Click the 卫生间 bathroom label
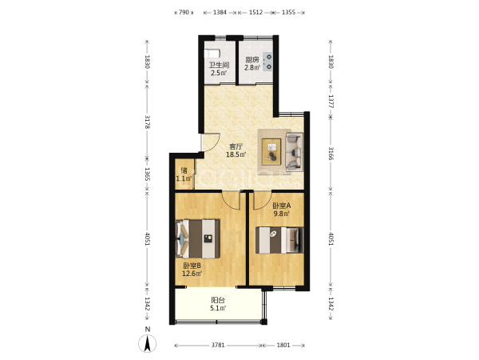click(219, 65)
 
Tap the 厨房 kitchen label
click(252, 60)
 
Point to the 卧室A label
click(282, 206)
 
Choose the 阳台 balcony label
click(218, 300)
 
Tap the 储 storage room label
click(184, 170)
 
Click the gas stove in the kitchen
click(267, 62)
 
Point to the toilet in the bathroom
click(212, 54)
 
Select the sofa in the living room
click(295, 151)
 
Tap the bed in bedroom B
click(198, 238)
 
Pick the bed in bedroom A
click(279, 240)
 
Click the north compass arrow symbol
click(147, 343)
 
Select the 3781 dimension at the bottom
click(218, 346)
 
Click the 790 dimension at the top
click(184, 12)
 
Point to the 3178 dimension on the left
click(147, 122)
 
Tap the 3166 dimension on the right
click(331, 154)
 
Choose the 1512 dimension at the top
click(255, 12)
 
